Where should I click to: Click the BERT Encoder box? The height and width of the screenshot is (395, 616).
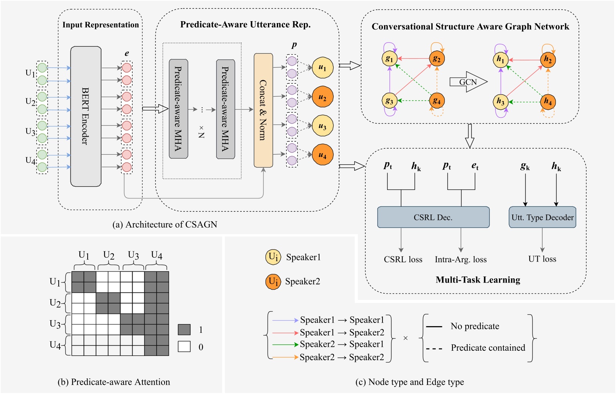pyautogui.click(x=86, y=116)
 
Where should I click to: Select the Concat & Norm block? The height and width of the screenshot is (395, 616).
pyautogui.click(x=263, y=110)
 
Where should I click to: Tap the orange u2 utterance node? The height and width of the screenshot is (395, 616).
pyautogui.click(x=322, y=97)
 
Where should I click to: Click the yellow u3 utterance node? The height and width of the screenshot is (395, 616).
pyautogui.click(x=322, y=126)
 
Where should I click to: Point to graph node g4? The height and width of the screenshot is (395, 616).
pyautogui.click(x=437, y=101)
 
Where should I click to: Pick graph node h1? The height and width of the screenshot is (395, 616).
pyautogui.click(x=500, y=60)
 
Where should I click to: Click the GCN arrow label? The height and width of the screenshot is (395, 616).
pyautogui.click(x=468, y=82)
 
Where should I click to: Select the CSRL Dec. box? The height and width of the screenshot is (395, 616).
pyautogui.click(x=433, y=217)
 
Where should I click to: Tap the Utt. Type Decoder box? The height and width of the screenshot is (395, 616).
pyautogui.click(x=542, y=217)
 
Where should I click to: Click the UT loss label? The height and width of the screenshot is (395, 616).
pyautogui.click(x=542, y=259)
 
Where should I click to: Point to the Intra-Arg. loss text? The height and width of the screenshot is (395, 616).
pyautogui.click(x=461, y=259)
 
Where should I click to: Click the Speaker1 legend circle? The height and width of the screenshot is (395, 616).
pyautogui.click(x=273, y=257)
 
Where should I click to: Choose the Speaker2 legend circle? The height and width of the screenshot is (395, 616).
pyautogui.click(x=273, y=281)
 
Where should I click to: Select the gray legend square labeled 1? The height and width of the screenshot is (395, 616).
pyautogui.click(x=184, y=330)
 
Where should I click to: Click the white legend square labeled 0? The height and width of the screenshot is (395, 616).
pyautogui.click(x=184, y=346)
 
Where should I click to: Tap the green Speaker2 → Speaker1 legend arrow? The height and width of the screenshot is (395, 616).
pyautogui.click(x=285, y=344)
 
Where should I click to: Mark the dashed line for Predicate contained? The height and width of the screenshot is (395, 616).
pyautogui.click(x=434, y=348)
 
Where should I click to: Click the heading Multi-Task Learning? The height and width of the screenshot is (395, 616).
pyautogui.click(x=478, y=280)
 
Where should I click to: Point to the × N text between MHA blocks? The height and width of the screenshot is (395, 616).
pyautogui.click(x=201, y=132)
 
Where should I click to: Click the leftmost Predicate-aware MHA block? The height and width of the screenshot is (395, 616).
pyautogui.click(x=178, y=109)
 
